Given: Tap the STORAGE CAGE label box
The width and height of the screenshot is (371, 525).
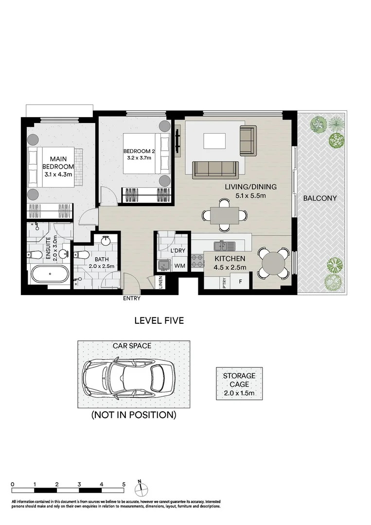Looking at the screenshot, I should point(239,384).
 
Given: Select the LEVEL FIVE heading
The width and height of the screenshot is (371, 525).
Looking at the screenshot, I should point(159,321).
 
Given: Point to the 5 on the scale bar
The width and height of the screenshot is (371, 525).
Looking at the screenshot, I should point(124,485).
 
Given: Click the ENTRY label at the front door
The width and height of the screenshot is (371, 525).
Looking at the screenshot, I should point(132,298).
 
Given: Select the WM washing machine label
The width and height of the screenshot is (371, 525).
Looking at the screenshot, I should point(179,266).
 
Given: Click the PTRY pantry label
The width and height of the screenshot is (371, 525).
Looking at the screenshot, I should point(224,283).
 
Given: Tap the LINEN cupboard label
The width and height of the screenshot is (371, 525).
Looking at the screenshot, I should point(161,282).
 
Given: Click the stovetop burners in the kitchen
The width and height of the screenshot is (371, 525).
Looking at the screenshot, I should point(196,261).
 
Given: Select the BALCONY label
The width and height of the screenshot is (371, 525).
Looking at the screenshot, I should point(319,198).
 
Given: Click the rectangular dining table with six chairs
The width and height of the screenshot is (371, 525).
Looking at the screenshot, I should point(224,214).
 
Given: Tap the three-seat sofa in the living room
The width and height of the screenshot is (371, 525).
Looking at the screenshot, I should point(215,170).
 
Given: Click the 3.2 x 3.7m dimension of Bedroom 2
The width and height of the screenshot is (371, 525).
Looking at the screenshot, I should point(139,158).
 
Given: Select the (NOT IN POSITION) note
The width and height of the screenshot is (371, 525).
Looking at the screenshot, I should point(133,415).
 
